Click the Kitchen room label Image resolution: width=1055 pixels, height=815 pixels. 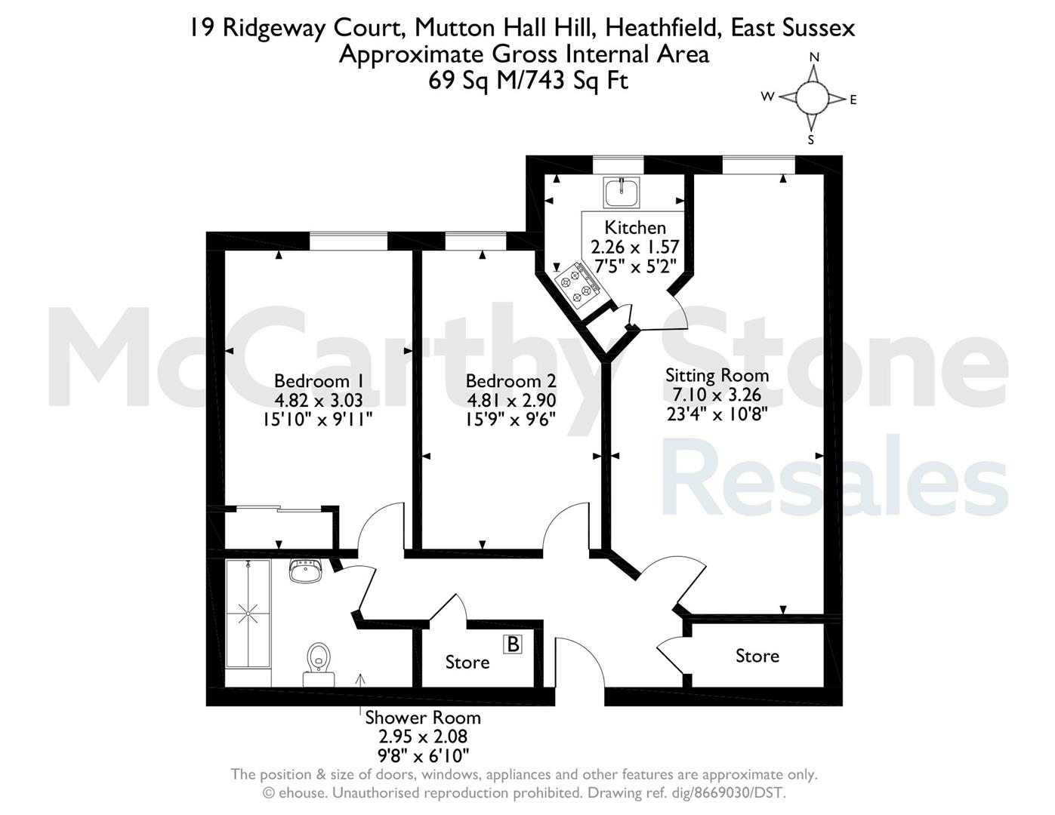pos(635,228)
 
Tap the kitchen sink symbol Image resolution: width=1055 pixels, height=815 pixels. pos(622,192)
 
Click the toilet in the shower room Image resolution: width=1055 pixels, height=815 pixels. pos(319,664)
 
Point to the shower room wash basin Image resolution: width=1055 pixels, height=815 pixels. pos(304,570)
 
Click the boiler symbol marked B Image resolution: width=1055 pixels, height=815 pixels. pos(513,644)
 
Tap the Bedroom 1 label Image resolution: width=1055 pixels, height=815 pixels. pos(319,381)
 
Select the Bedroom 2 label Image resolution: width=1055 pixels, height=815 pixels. pos(511,381)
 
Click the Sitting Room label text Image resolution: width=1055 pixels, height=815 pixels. pos(717,376)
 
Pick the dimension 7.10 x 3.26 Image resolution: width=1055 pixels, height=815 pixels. pos(717,395)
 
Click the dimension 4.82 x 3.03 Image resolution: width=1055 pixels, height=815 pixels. pos(319,400)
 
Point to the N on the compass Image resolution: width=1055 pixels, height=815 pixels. pos(814,57)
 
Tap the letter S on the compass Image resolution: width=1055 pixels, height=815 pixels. pos(811,140)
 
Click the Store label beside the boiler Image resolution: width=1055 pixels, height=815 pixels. pos(467,663)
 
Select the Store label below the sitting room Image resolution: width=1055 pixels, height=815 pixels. pos(757,656)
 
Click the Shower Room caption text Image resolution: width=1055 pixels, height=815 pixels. pos(423,718)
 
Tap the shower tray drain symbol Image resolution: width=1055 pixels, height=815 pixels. pos(248,614)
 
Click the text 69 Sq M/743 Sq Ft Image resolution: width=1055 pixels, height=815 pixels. pos(528,80)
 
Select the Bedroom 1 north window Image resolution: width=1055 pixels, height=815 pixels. pos(349,241)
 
